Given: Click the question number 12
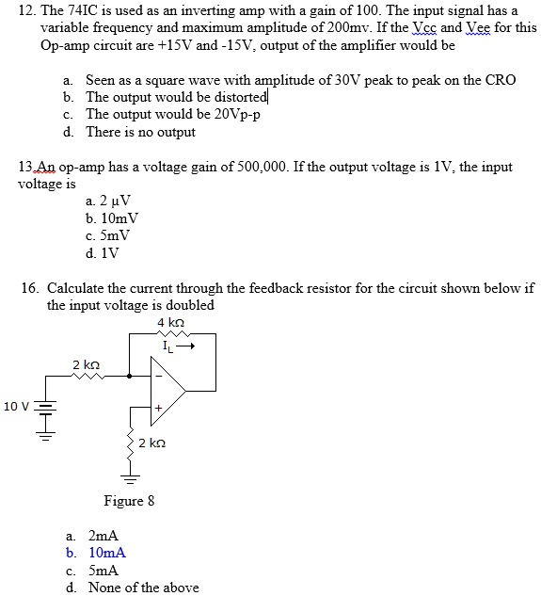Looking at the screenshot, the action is (x=26, y=10).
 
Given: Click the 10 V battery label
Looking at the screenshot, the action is (x=16, y=406).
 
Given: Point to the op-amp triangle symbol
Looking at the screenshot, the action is (x=167, y=392).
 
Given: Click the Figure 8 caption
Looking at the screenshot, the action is (x=129, y=500).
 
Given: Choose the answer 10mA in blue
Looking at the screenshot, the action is (x=106, y=553).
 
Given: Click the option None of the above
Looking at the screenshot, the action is (x=143, y=588).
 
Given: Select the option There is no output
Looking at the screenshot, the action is (x=140, y=132).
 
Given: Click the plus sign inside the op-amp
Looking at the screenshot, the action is (x=159, y=409).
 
